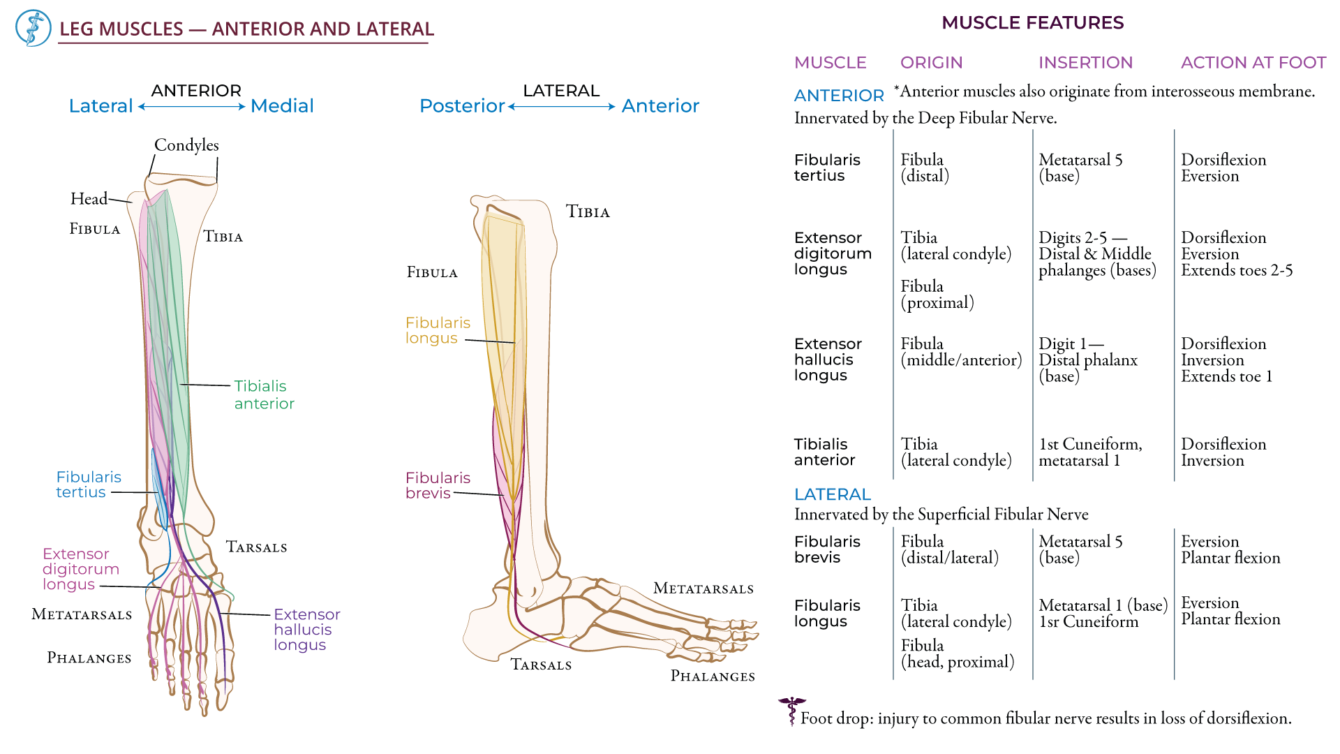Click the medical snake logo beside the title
point(33,28)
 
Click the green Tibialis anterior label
point(264,394)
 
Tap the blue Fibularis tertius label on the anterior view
point(88,484)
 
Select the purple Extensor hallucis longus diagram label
point(306,629)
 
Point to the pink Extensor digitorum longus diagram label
point(80,568)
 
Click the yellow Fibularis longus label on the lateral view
point(438,330)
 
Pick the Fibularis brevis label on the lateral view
point(438,485)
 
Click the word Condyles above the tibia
point(186,145)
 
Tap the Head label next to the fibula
point(89,198)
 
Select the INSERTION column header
point(1085,62)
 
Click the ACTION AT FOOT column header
point(1253,62)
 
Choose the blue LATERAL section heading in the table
point(832,494)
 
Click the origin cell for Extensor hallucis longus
point(960,351)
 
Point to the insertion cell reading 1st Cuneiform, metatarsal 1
point(1089,452)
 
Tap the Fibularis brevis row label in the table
point(826,549)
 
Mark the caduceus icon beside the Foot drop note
point(791,711)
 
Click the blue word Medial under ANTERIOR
point(282,105)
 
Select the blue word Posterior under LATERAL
point(461,105)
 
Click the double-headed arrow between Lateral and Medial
point(191,107)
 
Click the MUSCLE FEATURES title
point(1032,22)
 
